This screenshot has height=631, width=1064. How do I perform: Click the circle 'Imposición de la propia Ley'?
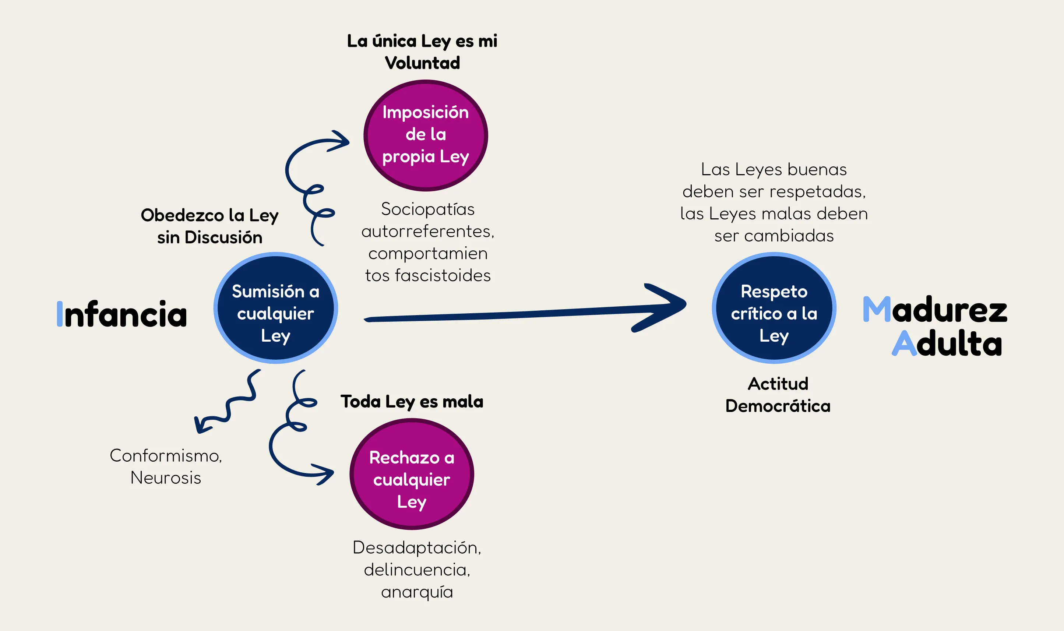point(426,135)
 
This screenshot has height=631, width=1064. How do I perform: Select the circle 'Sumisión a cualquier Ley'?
point(275,308)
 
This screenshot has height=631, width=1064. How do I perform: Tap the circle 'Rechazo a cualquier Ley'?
point(412,474)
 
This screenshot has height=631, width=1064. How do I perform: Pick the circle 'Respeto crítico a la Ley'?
point(774,308)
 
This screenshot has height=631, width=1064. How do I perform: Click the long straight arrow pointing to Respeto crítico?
point(510,315)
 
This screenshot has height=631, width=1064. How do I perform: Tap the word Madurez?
point(935,310)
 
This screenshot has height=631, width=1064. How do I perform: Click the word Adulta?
point(947,343)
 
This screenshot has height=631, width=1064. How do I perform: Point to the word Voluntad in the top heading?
point(422,63)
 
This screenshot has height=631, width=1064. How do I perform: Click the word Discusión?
point(223,237)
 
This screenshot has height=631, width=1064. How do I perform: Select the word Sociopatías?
point(428,209)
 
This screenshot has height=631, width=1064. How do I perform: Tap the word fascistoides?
point(443,275)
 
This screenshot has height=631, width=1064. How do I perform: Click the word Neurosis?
point(166,478)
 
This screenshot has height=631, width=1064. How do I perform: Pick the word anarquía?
point(417,592)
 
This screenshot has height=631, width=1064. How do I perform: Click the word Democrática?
point(778,406)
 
